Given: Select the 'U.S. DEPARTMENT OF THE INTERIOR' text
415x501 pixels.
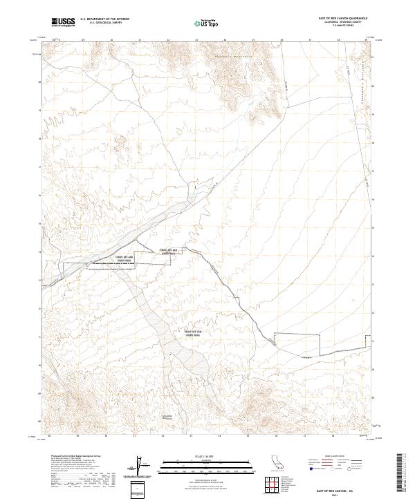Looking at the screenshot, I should (104, 19).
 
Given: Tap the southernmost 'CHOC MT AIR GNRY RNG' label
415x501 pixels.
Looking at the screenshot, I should (193, 333).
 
